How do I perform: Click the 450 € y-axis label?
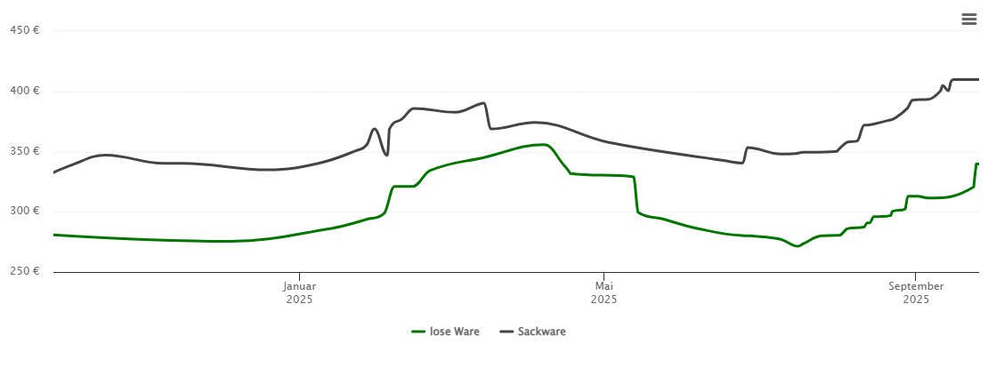[x=24, y=30]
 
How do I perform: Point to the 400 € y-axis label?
[x=24, y=91]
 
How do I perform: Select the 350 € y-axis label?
[x=24, y=151]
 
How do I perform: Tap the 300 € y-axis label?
[x=24, y=212]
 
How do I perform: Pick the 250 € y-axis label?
[x=24, y=271]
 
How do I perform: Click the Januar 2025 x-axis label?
[x=300, y=292]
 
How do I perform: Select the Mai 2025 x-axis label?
[x=603, y=292]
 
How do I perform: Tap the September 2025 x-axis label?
[x=915, y=292]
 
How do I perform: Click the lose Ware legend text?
[x=454, y=332]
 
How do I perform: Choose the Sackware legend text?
[x=541, y=332]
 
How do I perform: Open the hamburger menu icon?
[x=968, y=20]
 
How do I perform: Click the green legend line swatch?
[x=418, y=332]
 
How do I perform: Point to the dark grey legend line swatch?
[x=506, y=332]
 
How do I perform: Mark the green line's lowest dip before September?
[x=798, y=245]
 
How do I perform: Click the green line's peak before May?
[x=544, y=144]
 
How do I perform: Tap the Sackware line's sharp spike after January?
[x=375, y=129]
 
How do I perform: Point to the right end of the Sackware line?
[x=977, y=79]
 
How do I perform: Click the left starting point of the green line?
[x=54, y=235]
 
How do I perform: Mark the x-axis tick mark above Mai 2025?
[x=603, y=276]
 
